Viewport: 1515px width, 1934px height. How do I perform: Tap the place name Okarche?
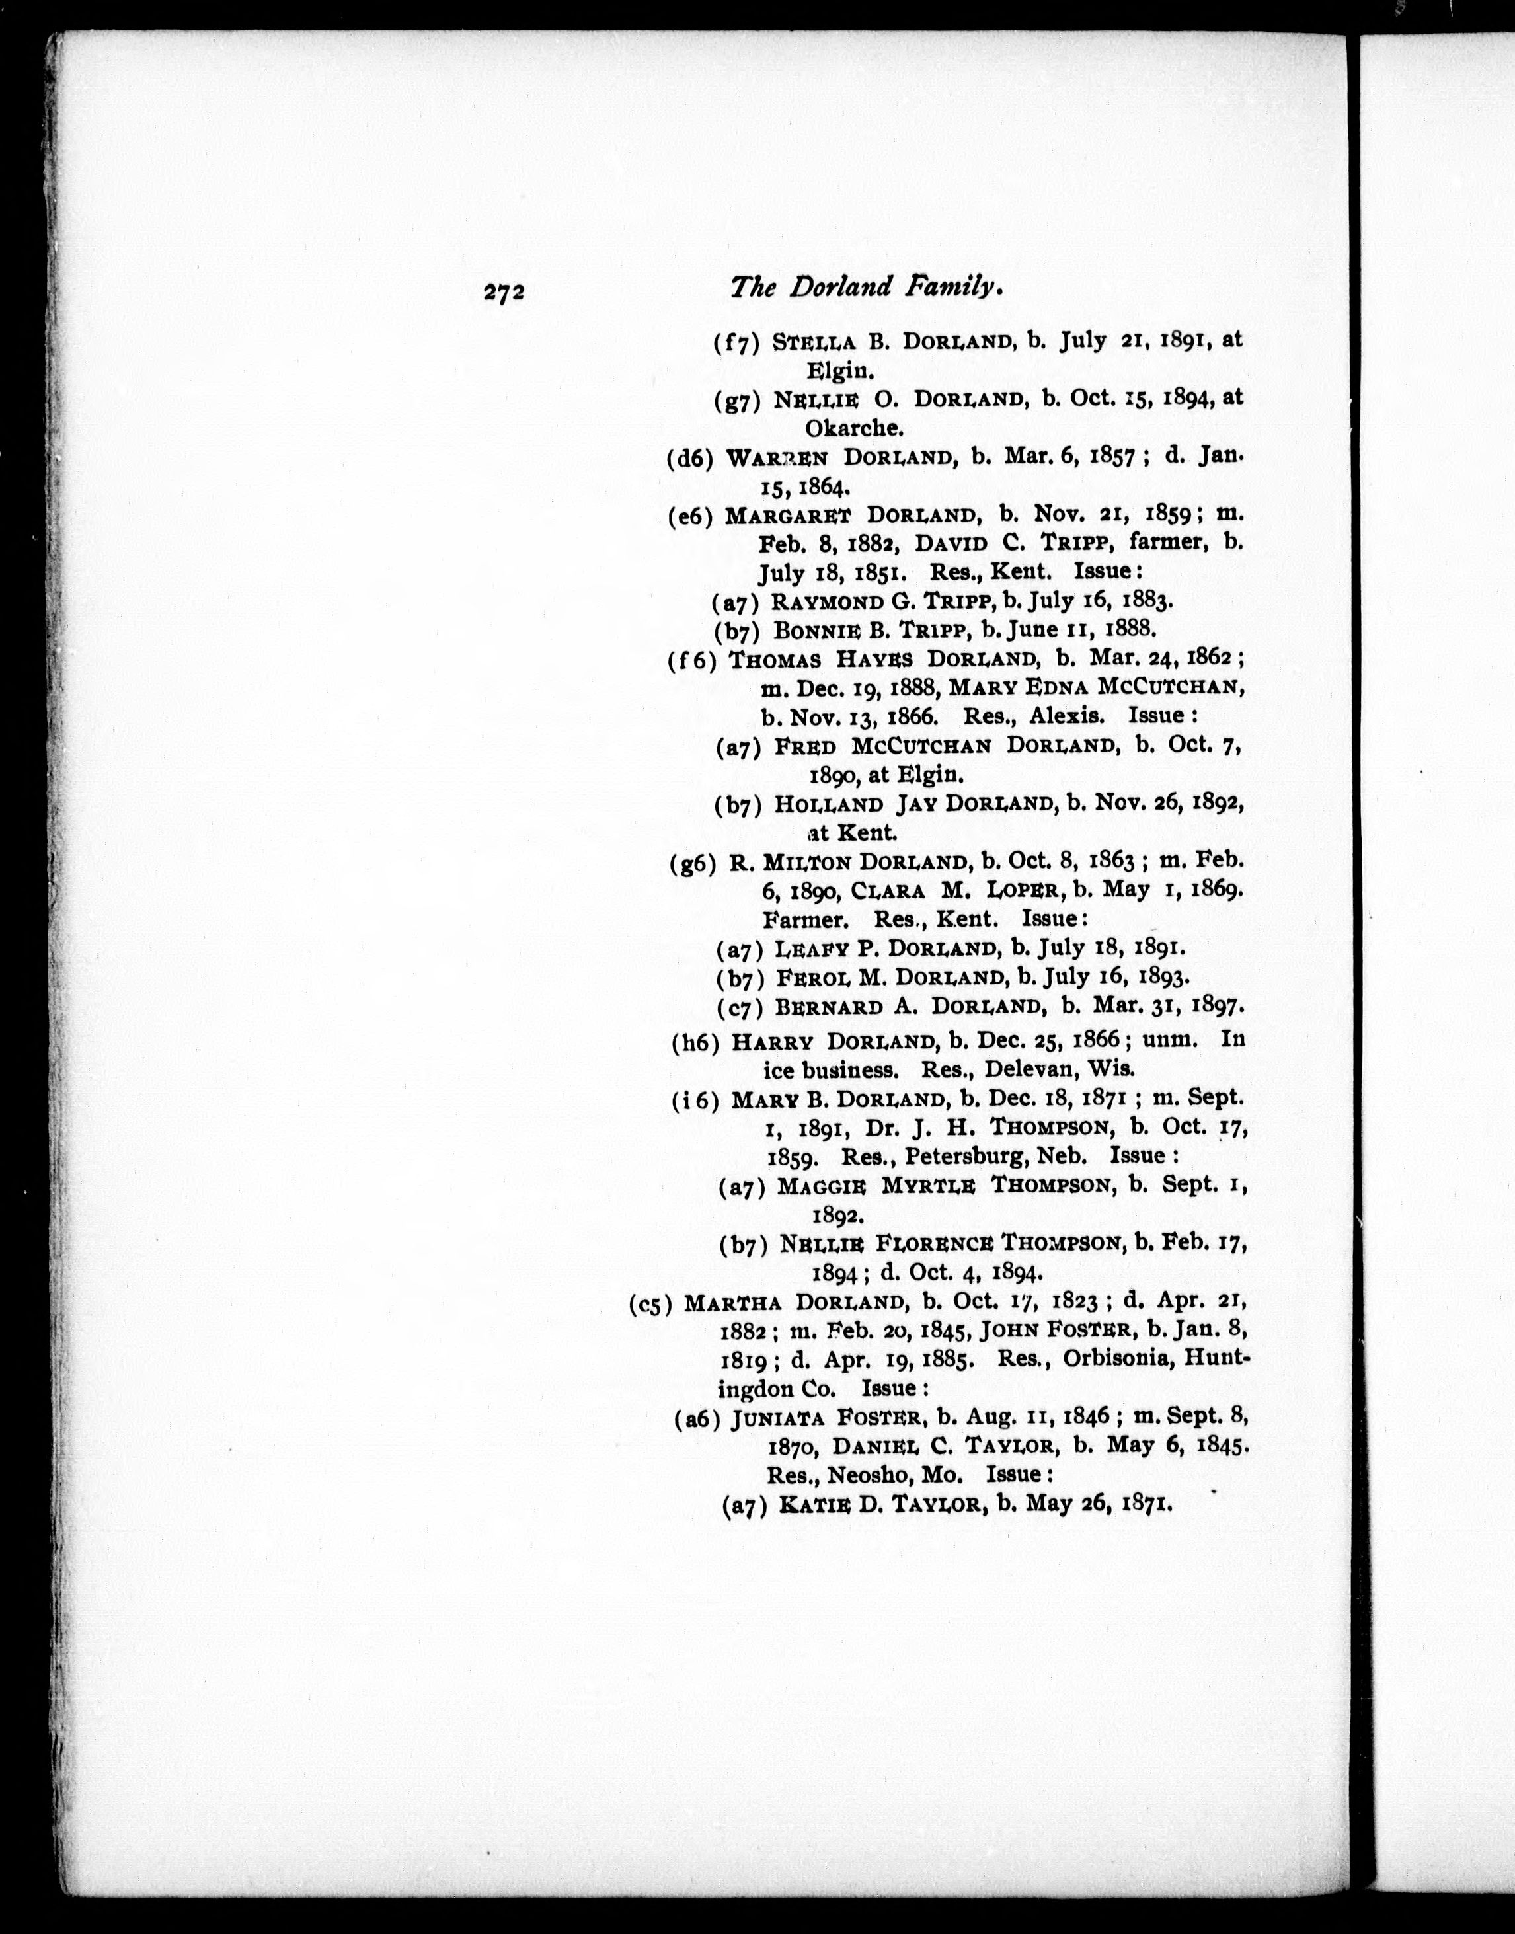(x=853, y=428)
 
